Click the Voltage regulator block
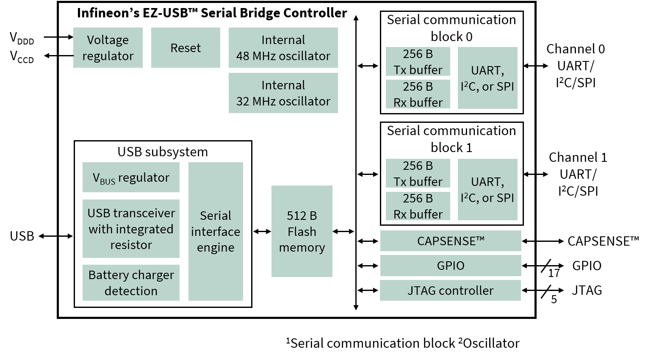(x=108, y=48)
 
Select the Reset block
(x=186, y=48)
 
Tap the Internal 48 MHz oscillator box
(x=283, y=48)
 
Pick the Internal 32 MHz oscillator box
(x=283, y=93)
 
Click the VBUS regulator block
(x=131, y=177)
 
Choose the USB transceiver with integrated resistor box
(x=131, y=229)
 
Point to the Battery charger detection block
(x=131, y=282)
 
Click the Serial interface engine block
(x=216, y=231)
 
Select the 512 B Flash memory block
(x=302, y=231)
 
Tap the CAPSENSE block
(x=451, y=241)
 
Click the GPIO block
(x=451, y=266)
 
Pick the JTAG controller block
(x=450, y=291)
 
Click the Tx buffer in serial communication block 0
(x=418, y=62)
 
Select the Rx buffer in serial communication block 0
(x=418, y=94)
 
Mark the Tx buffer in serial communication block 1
(x=418, y=173)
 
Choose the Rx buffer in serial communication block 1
(x=418, y=206)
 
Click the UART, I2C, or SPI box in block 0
(x=487, y=78)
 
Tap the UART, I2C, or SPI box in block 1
(x=487, y=189)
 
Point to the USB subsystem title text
(x=163, y=152)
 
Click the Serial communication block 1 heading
(x=451, y=139)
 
